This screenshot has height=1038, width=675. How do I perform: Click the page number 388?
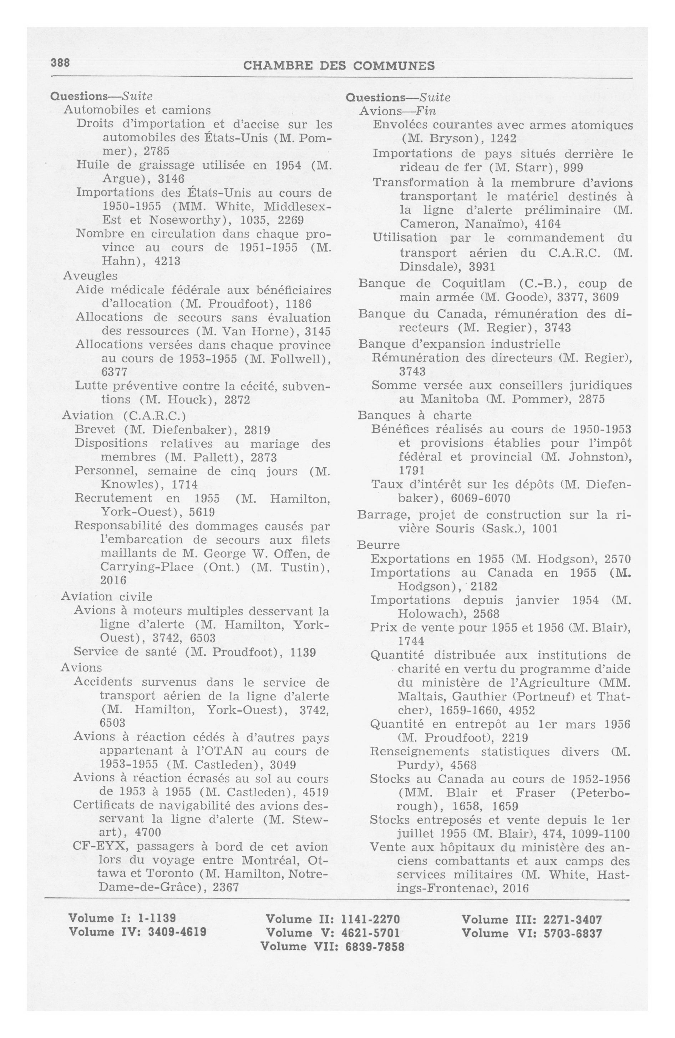[60, 63]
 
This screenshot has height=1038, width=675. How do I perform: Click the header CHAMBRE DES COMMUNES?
[339, 66]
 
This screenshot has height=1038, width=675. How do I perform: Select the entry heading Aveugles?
[90, 276]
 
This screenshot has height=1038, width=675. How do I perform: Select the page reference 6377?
[114, 372]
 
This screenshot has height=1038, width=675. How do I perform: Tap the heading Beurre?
[378, 545]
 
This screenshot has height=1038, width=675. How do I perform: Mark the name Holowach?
[426, 614]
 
